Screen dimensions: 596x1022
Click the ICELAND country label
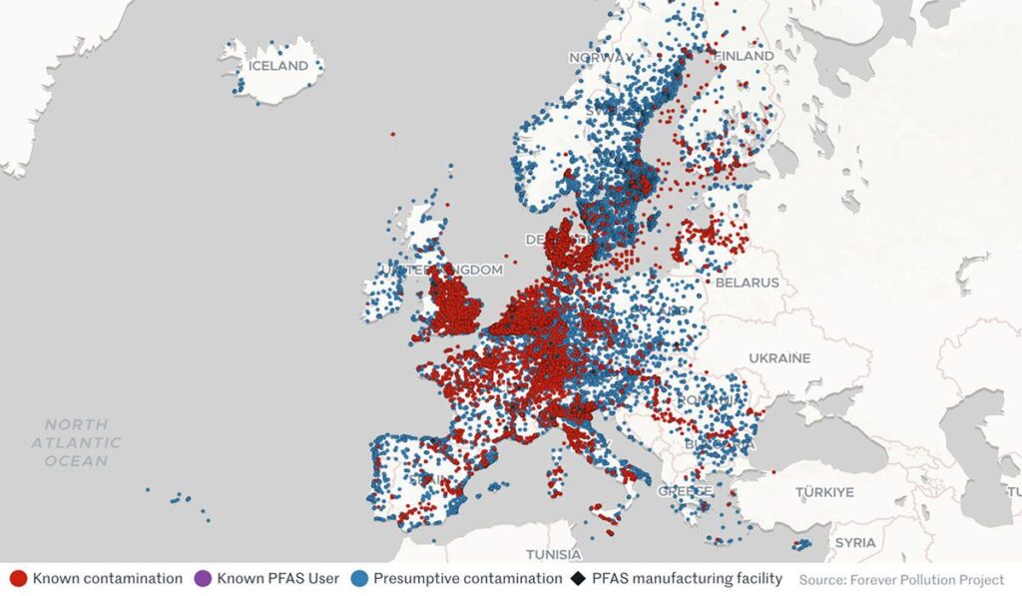278,66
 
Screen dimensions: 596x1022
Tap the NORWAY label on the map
601,58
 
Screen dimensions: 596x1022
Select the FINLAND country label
743,57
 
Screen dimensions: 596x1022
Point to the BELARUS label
746,283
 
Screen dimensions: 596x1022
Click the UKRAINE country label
778,357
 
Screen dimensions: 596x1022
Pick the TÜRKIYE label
824,492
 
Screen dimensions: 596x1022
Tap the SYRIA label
855,542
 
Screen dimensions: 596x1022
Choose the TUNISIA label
554,554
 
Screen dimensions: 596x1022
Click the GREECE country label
685,491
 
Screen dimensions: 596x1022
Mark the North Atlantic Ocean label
76,442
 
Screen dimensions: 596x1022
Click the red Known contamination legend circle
18,578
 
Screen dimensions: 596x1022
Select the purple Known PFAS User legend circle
204,578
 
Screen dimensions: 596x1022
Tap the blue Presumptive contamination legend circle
358,578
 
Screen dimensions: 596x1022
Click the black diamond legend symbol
579,578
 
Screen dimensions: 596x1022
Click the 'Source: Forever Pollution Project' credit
901,579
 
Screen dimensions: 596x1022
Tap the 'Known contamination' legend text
108,578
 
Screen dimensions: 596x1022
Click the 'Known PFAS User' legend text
278,578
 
